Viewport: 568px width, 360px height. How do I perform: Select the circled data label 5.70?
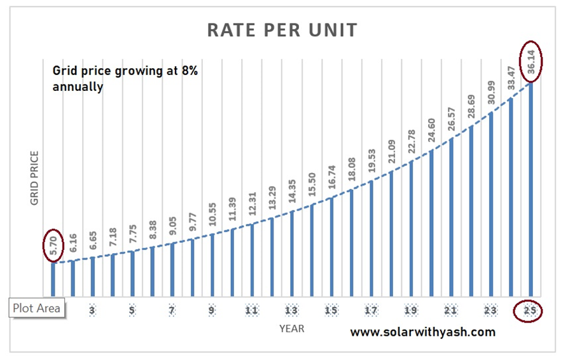pos(53,245)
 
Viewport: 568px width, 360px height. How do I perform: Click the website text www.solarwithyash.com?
pos(422,331)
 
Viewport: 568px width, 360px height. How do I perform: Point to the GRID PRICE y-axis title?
pos(35,177)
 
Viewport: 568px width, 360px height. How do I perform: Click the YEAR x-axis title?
pos(291,328)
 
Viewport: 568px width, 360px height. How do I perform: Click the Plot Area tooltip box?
pos(37,308)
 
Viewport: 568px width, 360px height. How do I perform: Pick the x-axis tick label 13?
pos(291,311)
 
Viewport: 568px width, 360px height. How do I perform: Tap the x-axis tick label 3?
pos(93,311)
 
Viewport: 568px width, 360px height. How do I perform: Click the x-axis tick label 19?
pos(411,311)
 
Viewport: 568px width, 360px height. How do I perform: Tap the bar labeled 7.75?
pos(132,274)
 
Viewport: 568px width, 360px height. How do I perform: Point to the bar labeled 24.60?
pos(431,223)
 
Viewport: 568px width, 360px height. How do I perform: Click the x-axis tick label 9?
pos(212,311)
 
